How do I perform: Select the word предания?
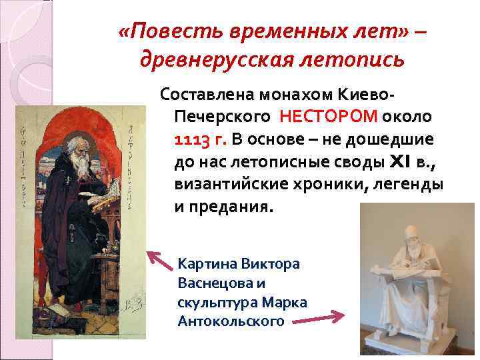click(x=230, y=205)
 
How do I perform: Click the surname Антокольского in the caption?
click(x=231, y=321)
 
